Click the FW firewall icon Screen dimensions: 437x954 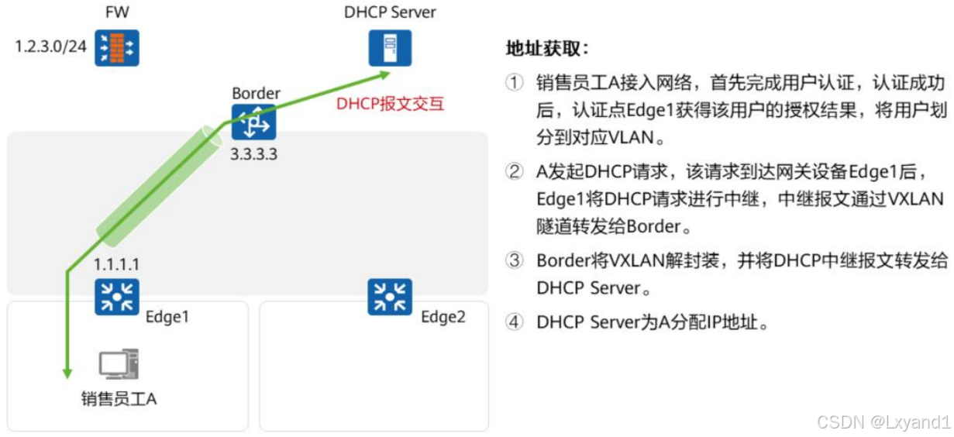pyautogui.click(x=116, y=47)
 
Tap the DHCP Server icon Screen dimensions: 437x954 pyautogui.click(x=390, y=47)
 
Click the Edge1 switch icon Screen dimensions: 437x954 pyautogui.click(x=116, y=298)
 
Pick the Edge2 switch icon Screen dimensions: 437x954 pyautogui.click(x=389, y=298)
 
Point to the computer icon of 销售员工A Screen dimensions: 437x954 pyautogui.click(x=119, y=365)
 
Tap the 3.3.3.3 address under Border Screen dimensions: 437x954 pyautogui.click(x=253, y=154)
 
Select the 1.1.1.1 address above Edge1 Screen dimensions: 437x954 pyautogui.click(x=117, y=264)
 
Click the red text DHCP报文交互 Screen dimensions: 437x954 pyautogui.click(x=390, y=105)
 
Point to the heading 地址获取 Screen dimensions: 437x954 pyautogui.click(x=547, y=49)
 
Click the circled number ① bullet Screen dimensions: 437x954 pyautogui.click(x=515, y=83)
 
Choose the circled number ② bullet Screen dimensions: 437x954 pyautogui.click(x=515, y=172)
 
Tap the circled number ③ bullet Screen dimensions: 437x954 pyautogui.click(x=515, y=261)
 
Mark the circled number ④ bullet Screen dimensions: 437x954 pyautogui.click(x=515, y=322)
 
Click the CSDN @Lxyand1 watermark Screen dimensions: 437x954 pyautogui.click(x=883, y=422)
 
